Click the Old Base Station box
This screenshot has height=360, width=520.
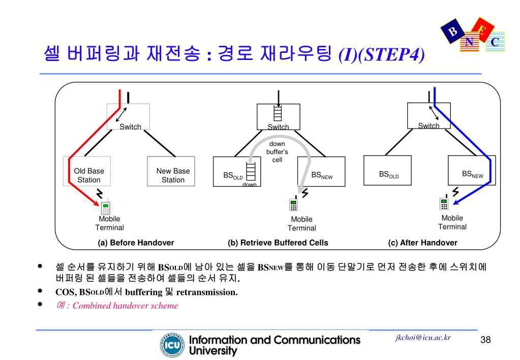(x=88, y=175)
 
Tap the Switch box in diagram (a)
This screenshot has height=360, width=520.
(x=129, y=116)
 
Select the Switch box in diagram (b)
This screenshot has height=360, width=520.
(x=278, y=117)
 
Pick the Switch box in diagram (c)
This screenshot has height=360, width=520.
(x=430, y=116)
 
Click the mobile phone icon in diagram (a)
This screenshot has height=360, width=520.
(x=106, y=207)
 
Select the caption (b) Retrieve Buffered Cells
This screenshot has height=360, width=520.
(x=278, y=243)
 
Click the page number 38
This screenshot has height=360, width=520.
(x=485, y=340)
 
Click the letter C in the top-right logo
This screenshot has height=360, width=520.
(x=494, y=43)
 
